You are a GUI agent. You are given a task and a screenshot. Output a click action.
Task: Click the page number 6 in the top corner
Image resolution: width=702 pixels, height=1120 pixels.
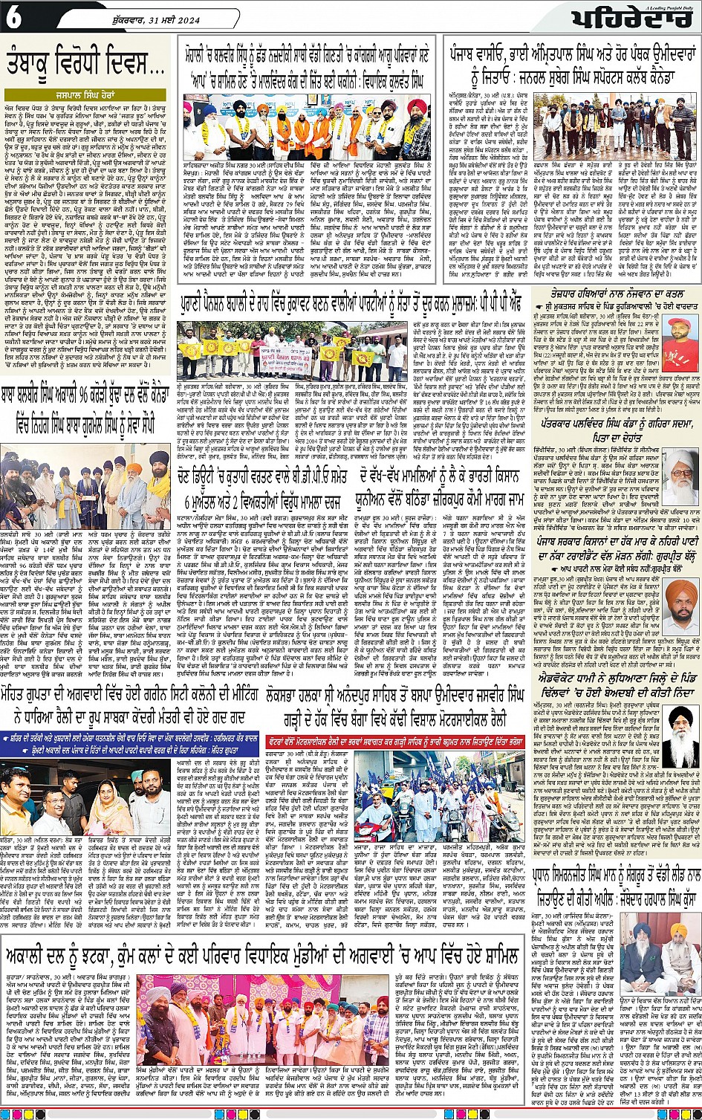click(x=13, y=18)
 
